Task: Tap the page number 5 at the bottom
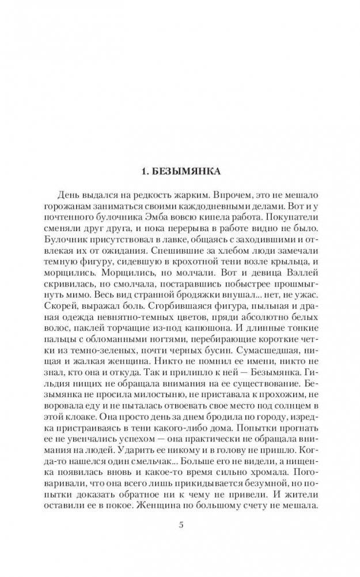click(x=180, y=523)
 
